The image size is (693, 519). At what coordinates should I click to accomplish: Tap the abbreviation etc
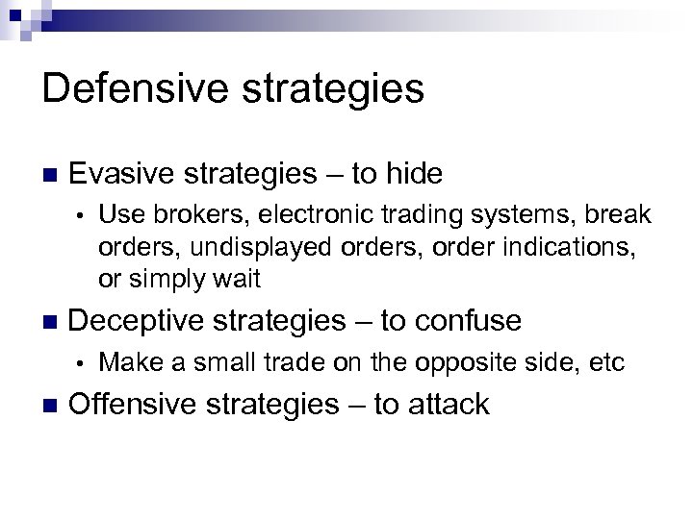point(605,363)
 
